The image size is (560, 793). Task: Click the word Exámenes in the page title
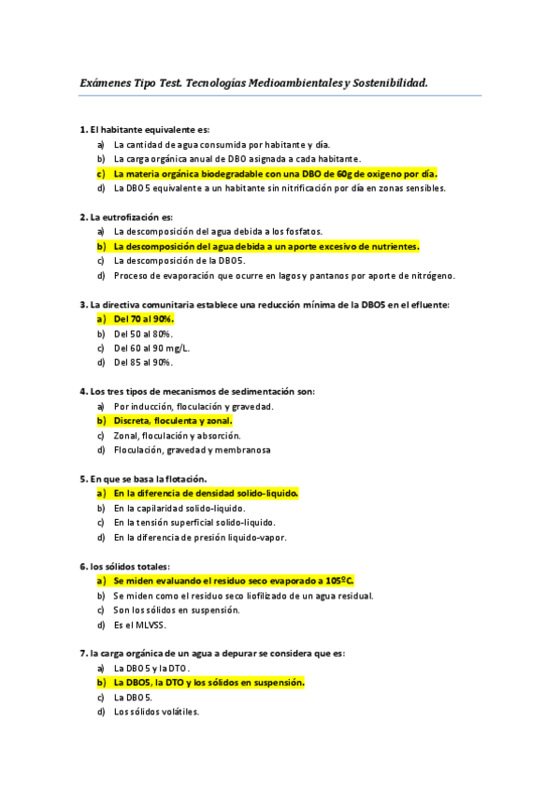[106, 83]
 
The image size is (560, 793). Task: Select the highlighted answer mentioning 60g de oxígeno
[275, 173]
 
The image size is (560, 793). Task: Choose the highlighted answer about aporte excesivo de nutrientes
[266, 246]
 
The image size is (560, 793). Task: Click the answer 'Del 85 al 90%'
[143, 362]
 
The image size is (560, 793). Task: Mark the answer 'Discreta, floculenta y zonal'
[172, 421]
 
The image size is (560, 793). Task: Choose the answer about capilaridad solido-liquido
[179, 508]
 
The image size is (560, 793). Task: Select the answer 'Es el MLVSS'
[139, 625]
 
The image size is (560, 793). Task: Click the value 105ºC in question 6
[339, 581]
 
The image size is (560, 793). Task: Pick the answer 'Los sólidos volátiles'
[156, 712]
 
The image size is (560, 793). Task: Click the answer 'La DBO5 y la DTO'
[151, 669]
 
